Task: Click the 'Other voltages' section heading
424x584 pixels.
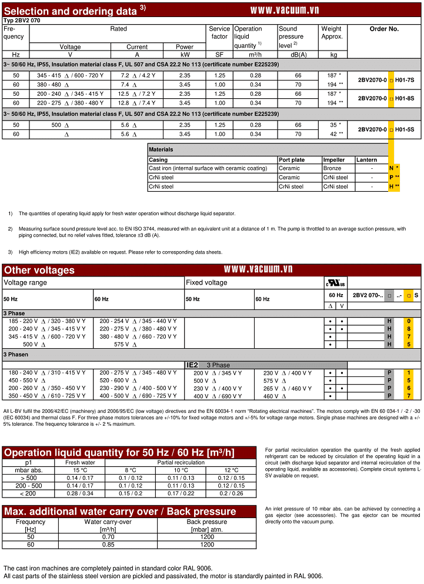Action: pyautogui.click(x=39, y=270)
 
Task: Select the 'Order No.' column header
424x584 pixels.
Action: pyautogui.click(x=384, y=29)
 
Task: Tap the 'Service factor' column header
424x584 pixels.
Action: pyautogui.click(x=219, y=32)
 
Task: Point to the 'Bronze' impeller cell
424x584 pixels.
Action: pyautogui.click(x=332, y=168)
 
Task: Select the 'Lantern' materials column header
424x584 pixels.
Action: pyautogui.click(x=366, y=159)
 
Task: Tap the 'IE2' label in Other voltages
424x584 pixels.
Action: pyautogui.click(x=192, y=365)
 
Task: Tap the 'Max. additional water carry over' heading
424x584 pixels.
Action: pyautogui.click(x=120, y=511)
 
